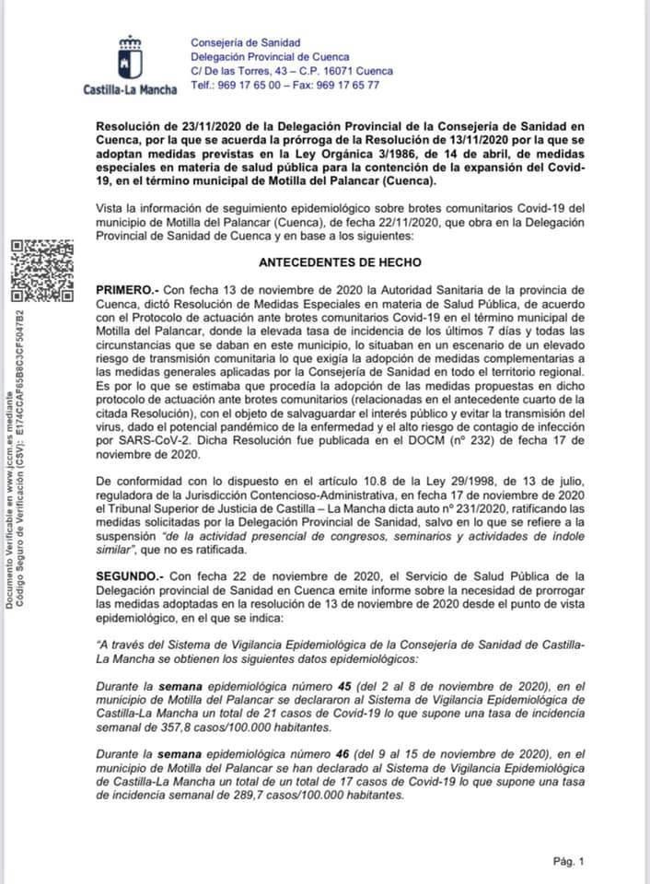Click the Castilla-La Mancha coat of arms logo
pyautogui.click(x=129, y=58)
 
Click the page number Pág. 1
pyautogui.click(x=568, y=861)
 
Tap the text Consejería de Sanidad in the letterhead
pyautogui.click(x=245, y=42)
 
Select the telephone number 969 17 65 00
pyautogui.click(x=249, y=85)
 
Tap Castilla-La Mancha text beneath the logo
pyautogui.click(x=130, y=90)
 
